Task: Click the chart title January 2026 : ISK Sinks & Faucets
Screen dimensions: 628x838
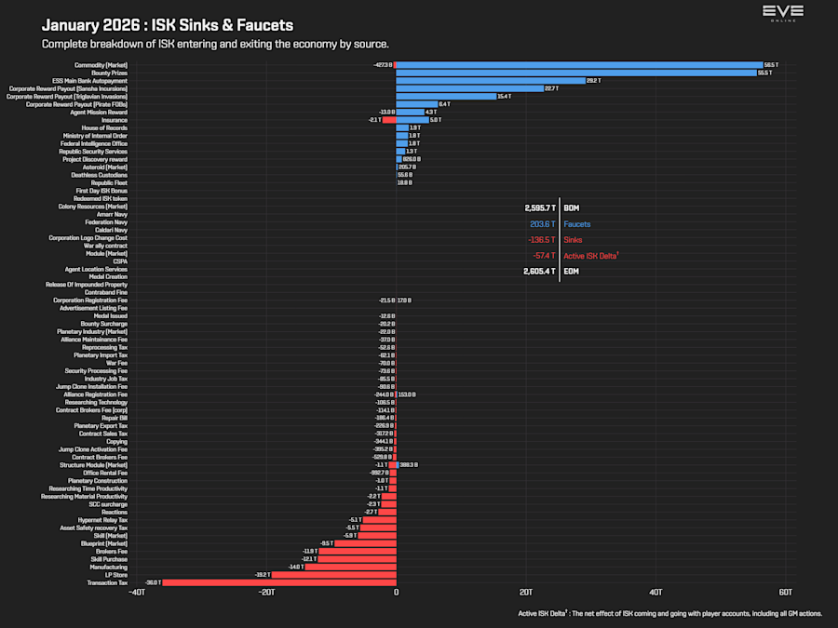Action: (168, 25)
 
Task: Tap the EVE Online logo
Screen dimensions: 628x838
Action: (782, 13)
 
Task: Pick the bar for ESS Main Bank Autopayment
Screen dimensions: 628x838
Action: (491, 81)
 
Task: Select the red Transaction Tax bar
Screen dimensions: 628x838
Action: (279, 582)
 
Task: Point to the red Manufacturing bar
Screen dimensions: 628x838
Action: (351, 567)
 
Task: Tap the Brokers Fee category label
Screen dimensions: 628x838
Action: (111, 551)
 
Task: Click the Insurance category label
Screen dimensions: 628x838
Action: (115, 120)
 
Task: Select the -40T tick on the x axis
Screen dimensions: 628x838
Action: (136, 593)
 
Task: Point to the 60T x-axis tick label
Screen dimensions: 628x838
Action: (785, 593)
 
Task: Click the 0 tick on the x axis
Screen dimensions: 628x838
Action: (396, 593)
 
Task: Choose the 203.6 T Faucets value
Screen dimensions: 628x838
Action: (542, 224)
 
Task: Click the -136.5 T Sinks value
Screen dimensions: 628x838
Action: (541, 240)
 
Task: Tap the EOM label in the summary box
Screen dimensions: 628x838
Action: (572, 272)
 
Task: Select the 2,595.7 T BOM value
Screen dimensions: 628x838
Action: (540, 208)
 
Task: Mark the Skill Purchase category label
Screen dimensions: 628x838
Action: (109, 559)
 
